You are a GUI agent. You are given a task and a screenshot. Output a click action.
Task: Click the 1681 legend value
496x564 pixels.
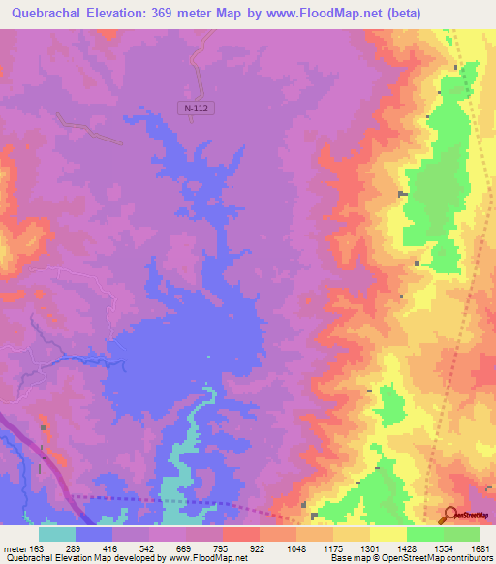pyautogui.click(x=480, y=548)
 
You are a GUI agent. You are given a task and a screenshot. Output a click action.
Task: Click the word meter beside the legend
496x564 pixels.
pyautogui.click(x=14, y=548)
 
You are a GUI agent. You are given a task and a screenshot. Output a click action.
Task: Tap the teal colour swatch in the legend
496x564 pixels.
pyautogui.click(x=57, y=534)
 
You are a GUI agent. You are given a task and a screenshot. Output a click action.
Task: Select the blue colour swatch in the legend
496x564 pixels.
pyautogui.click(x=94, y=534)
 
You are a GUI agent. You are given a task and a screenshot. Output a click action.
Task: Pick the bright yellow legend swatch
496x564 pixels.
pyautogui.click(x=388, y=534)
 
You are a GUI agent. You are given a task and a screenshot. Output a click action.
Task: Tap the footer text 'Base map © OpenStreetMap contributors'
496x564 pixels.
pyautogui.click(x=411, y=558)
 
